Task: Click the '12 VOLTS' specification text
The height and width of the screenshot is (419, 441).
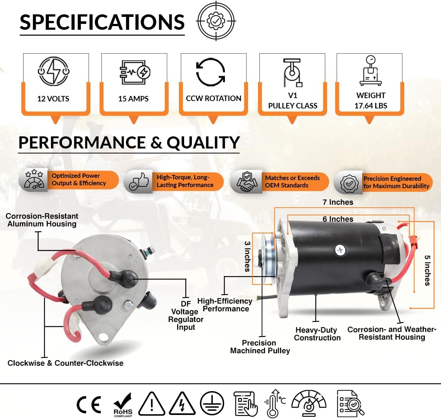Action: [x=53, y=99]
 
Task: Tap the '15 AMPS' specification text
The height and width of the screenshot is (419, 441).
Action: [x=133, y=99]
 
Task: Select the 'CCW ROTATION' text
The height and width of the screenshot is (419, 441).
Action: [x=214, y=98]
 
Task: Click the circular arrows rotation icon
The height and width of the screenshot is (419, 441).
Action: [x=210, y=72]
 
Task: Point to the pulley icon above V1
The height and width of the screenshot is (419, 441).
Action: [x=293, y=72]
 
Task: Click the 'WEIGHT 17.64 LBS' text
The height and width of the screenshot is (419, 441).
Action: [x=370, y=100]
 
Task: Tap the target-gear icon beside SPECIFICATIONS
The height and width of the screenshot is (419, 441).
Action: [x=216, y=21]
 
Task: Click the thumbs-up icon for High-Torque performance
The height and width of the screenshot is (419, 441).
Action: [x=139, y=182]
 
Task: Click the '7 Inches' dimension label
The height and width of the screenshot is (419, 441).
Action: [x=338, y=202]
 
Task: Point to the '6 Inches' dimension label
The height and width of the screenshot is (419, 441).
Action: [x=338, y=219]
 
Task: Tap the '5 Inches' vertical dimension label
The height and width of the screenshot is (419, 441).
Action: [x=427, y=270]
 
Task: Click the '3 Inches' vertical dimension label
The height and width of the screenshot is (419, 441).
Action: [x=247, y=256]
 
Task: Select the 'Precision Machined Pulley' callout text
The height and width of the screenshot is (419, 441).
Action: [x=260, y=347]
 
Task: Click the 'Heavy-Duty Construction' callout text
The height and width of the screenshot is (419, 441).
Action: [x=317, y=334]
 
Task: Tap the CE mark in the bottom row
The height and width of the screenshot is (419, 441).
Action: [x=89, y=404]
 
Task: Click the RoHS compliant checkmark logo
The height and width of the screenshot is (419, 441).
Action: [x=123, y=404]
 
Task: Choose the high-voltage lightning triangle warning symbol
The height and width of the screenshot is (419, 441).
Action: [x=182, y=404]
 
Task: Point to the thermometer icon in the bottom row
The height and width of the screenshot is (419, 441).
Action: [x=274, y=404]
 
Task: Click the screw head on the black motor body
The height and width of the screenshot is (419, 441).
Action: [x=340, y=250]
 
